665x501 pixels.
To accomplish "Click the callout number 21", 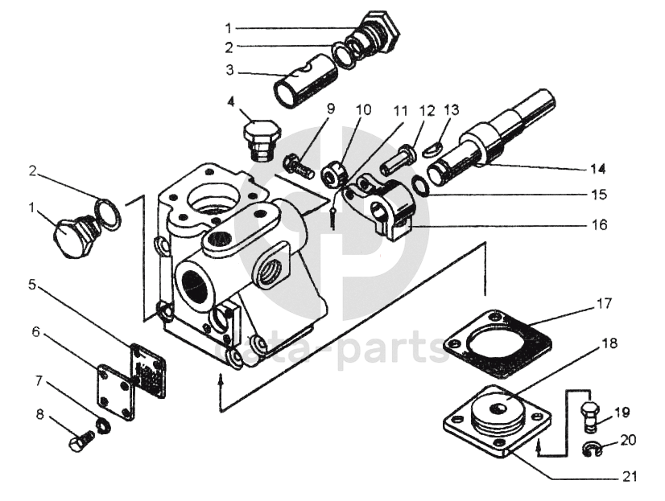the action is [628, 477].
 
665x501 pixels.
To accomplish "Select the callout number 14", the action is [597, 170].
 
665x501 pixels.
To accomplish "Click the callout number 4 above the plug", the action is [231, 102].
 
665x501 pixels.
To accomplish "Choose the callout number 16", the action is [599, 225].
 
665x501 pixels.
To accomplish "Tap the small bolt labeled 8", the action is [81, 441].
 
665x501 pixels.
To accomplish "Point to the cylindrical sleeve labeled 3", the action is [305, 80].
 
